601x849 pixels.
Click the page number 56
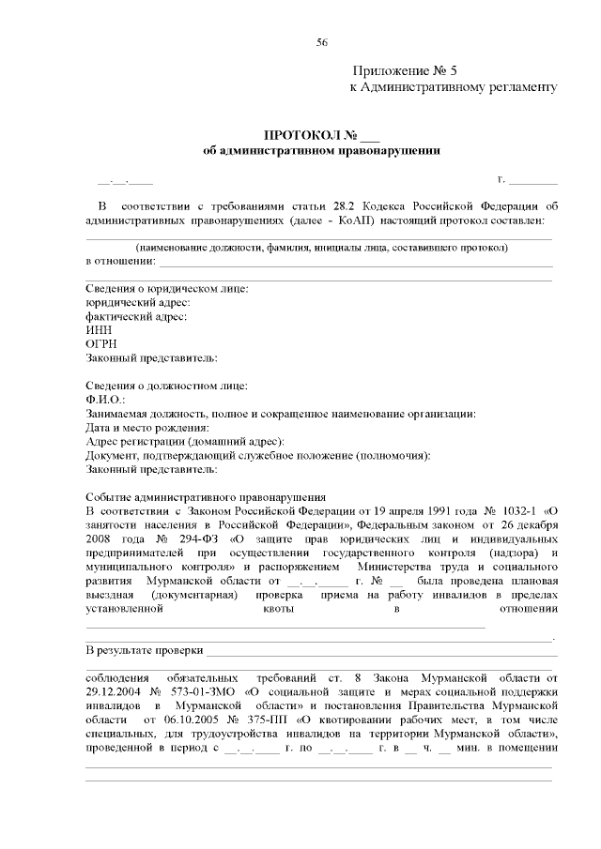coord(322,43)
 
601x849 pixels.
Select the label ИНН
coord(97,330)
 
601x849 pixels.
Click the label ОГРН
coord(100,344)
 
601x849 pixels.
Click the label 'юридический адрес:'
coord(137,303)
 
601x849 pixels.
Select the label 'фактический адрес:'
coord(135,317)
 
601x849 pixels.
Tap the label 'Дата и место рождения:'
coord(146,428)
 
